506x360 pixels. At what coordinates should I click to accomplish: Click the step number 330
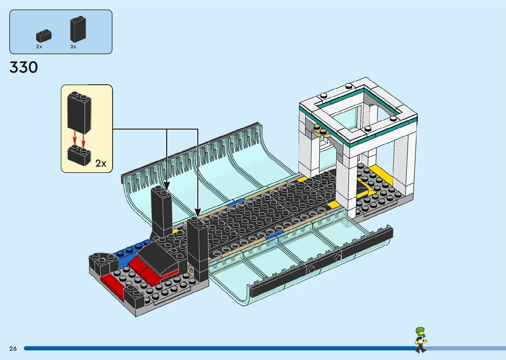click(x=23, y=67)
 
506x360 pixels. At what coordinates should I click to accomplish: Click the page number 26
click(x=13, y=348)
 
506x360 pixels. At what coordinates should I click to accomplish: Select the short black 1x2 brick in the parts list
click(x=44, y=36)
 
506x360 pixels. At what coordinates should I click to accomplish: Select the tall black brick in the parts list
click(x=78, y=30)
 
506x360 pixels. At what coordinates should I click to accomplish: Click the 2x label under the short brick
click(x=39, y=47)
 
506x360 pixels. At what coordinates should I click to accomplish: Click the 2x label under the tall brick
click(x=73, y=47)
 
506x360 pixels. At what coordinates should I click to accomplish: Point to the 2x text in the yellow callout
click(x=101, y=163)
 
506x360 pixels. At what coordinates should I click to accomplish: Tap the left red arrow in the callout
click(x=75, y=138)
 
